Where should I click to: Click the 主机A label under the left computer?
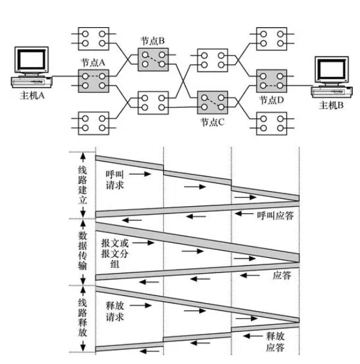(x=32, y=95)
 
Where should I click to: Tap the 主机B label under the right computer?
(x=331, y=105)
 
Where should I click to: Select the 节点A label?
(x=93, y=63)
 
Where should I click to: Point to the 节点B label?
(x=152, y=41)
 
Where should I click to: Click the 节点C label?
(x=212, y=122)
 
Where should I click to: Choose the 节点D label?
(x=272, y=100)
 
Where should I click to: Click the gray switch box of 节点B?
(x=153, y=60)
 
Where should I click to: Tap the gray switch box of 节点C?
(x=213, y=102)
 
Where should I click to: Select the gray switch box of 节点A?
(x=93, y=81)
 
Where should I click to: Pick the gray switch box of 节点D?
(x=272, y=81)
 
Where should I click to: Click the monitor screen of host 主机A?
(x=32, y=59)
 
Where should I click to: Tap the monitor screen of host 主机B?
(x=332, y=69)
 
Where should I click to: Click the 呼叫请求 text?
(x=114, y=180)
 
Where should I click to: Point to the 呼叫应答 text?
(x=275, y=216)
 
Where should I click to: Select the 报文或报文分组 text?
(x=114, y=254)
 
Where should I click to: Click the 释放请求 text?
(x=114, y=312)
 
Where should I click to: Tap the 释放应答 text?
(x=275, y=342)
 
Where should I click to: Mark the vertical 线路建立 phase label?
(x=82, y=185)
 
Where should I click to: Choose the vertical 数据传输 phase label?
(x=82, y=251)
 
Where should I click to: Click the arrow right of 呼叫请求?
(x=140, y=174)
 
